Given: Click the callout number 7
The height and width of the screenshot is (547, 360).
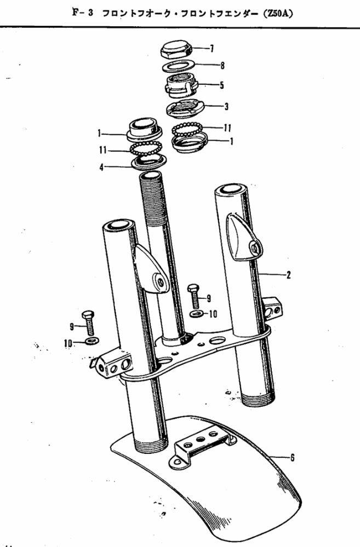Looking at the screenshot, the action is [212, 49].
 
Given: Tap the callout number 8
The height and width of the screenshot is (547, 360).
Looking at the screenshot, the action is [222, 65].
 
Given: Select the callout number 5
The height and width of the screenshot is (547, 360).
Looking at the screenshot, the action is [221, 85].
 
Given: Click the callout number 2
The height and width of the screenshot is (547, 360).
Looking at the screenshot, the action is [288, 275].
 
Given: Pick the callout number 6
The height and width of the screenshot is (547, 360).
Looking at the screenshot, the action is [292, 457].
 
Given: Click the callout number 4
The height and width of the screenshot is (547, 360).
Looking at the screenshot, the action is [101, 167].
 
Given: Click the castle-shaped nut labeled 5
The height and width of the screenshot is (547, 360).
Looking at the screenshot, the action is [181, 85].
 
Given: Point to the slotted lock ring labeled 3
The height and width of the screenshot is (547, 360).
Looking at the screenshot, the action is [185, 107].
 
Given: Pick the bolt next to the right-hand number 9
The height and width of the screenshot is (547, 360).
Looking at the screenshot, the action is [194, 296].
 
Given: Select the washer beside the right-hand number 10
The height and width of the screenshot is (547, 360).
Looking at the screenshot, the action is [197, 314].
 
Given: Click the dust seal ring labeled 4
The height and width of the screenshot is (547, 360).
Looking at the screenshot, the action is [148, 161].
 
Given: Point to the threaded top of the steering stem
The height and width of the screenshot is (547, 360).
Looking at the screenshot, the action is [152, 199].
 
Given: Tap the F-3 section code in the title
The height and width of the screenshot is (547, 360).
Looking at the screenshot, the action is [82, 13].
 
